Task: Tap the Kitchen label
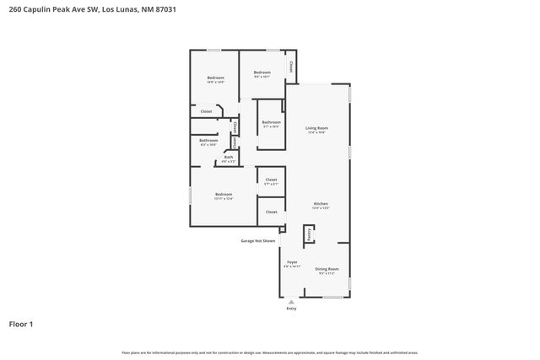coord(321,204)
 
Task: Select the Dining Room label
coord(327,270)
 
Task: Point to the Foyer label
coord(292,263)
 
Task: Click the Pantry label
coord(310,234)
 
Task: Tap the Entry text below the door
coord(291,309)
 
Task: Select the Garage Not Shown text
coord(257,240)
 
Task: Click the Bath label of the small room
coord(229,157)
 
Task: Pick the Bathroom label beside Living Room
coord(271,123)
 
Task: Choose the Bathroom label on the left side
coord(208,141)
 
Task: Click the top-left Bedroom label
coord(215,78)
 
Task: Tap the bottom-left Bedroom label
coord(223,195)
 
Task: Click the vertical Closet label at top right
coord(291,66)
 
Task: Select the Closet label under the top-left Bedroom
coord(206,111)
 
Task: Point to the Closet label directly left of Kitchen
coord(271,212)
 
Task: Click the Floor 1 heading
coord(21,324)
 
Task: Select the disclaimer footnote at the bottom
coord(270,352)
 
